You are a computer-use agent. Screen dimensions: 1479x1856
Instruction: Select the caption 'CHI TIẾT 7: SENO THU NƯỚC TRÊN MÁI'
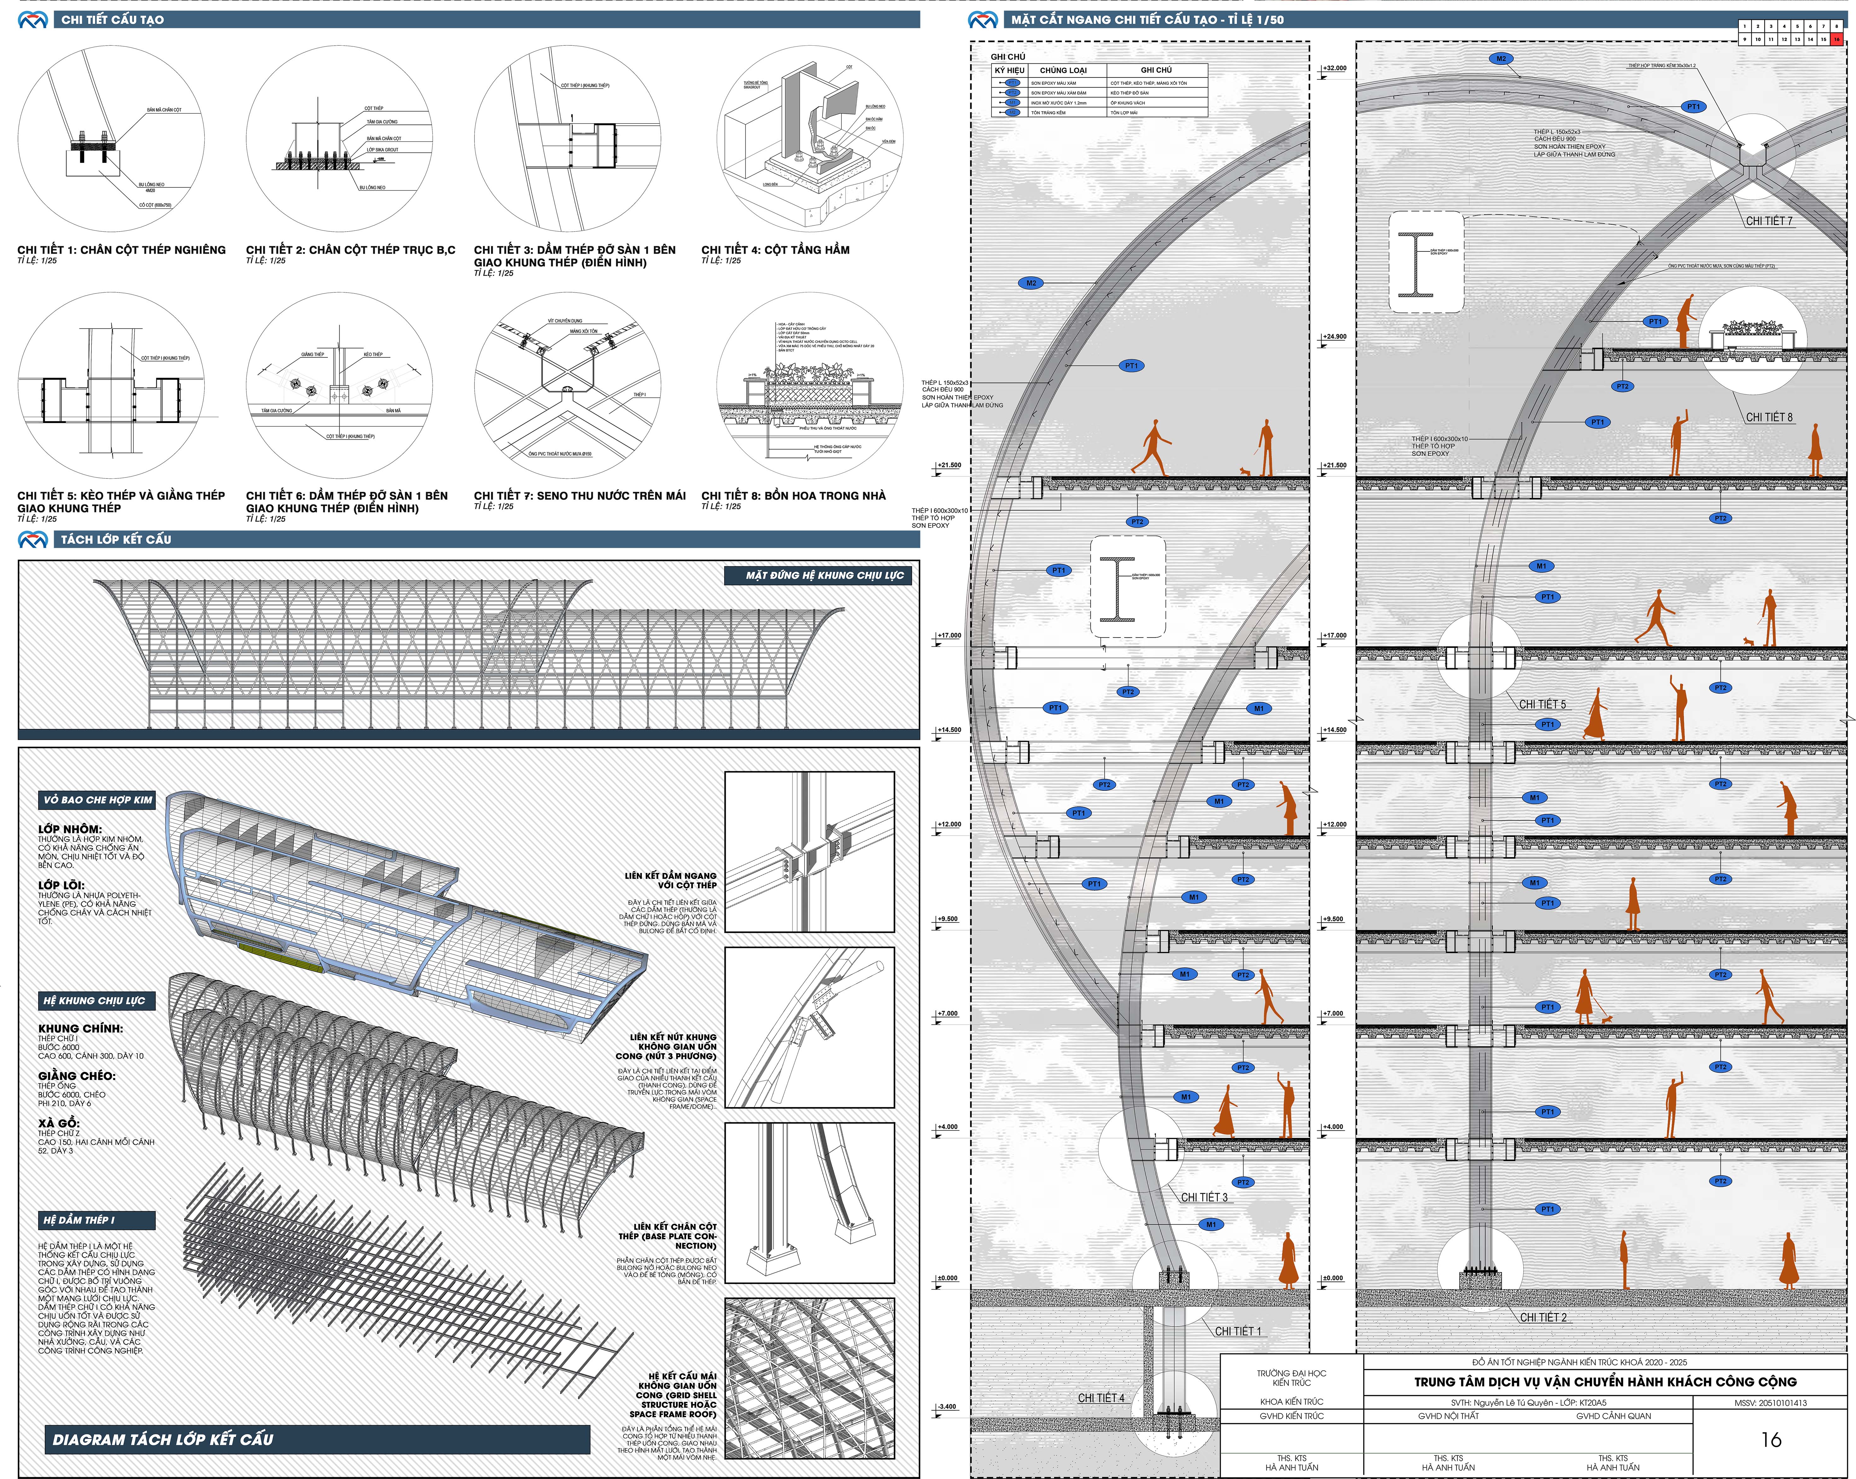click(579, 496)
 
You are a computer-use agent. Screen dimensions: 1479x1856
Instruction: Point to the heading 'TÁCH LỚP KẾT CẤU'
click(115, 540)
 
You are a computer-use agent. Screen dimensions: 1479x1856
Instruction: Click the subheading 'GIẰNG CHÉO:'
click(77, 1076)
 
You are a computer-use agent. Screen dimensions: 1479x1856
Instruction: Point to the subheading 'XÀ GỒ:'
click(59, 1123)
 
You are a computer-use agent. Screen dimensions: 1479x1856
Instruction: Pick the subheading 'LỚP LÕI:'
click(61, 885)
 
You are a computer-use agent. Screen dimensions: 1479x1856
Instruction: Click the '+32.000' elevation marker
click(1334, 68)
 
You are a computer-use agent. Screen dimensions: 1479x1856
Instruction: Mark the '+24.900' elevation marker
click(1334, 336)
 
